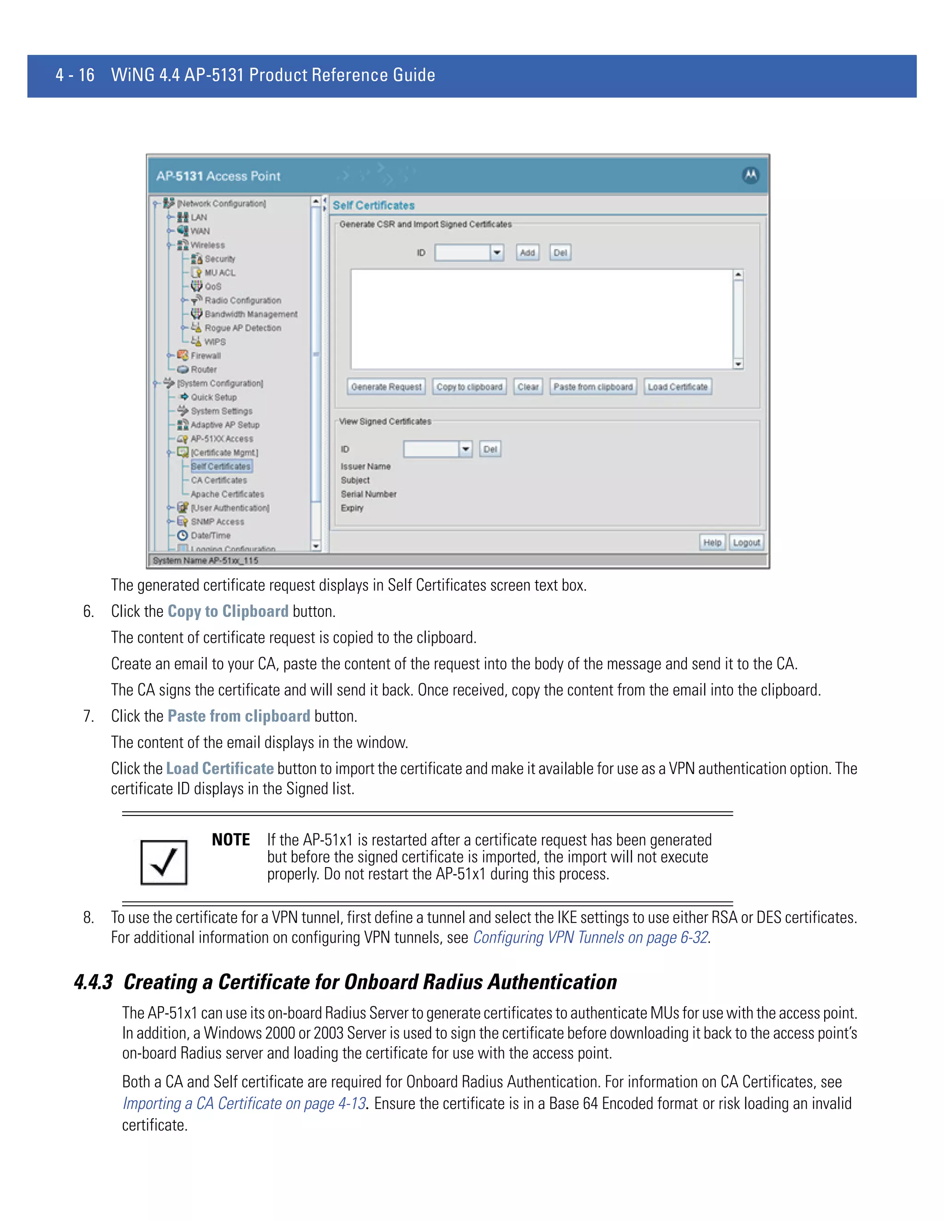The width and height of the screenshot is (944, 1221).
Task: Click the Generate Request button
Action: click(x=386, y=387)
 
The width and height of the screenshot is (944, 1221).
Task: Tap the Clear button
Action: click(x=527, y=387)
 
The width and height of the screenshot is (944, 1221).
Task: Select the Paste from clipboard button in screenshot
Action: click(x=593, y=387)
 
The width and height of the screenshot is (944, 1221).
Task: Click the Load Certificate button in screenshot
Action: click(x=677, y=387)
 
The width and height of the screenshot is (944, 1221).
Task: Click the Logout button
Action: click(x=746, y=542)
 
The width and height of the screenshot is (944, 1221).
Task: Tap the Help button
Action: click(x=712, y=542)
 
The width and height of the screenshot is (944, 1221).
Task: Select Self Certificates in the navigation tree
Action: click(x=221, y=466)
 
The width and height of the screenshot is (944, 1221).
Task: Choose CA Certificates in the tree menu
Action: click(x=218, y=480)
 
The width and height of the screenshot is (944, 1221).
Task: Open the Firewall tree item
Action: click(x=205, y=356)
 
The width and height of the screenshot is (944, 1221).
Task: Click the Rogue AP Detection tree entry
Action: click(x=242, y=328)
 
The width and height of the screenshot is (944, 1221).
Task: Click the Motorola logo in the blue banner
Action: click(x=750, y=176)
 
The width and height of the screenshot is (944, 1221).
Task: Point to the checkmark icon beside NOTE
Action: click(x=164, y=862)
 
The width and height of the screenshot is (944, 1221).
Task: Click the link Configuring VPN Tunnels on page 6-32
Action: click(x=590, y=938)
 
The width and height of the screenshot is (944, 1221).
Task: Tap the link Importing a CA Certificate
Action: click(x=244, y=1104)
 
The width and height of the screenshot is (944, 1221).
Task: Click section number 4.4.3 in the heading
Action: click(x=94, y=982)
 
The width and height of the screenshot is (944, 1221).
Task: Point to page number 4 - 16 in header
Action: click(x=75, y=75)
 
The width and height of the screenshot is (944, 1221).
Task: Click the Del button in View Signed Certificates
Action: click(x=490, y=449)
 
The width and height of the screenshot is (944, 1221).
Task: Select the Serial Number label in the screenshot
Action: click(x=369, y=494)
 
